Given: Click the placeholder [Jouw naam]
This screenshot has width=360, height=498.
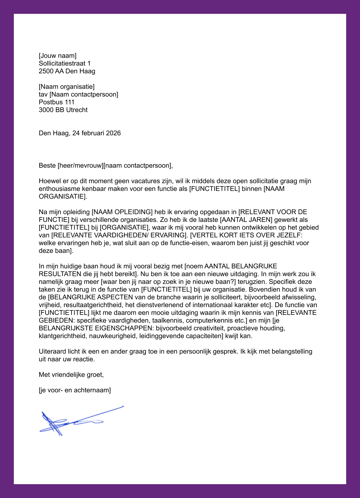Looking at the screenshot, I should click(58, 56).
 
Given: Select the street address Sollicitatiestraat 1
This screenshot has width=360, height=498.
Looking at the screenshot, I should click(65, 64).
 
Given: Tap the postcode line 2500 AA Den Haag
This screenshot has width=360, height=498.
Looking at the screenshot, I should click(67, 71).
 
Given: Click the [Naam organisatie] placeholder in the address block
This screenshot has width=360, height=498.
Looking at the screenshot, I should click(66, 87).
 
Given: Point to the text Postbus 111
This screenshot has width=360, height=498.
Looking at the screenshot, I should click(56, 102).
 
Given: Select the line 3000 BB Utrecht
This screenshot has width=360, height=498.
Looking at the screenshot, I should click(63, 110).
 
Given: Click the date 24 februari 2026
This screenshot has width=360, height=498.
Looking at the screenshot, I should click(96, 133).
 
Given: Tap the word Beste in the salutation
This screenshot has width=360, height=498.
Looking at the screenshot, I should click(47, 166).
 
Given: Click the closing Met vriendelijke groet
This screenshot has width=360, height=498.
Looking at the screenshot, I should click(71, 375).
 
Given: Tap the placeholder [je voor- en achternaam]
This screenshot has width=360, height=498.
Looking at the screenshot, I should click(75, 390).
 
